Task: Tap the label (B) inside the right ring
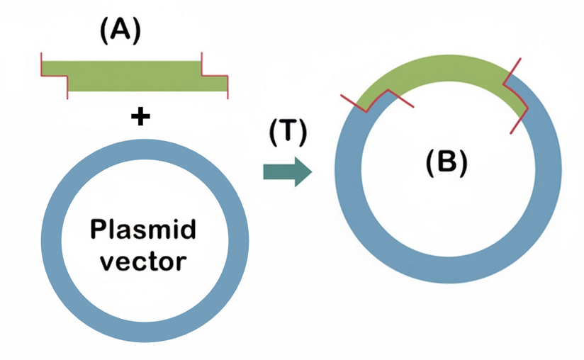pos(446,164)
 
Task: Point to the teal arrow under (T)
pos(286,171)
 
